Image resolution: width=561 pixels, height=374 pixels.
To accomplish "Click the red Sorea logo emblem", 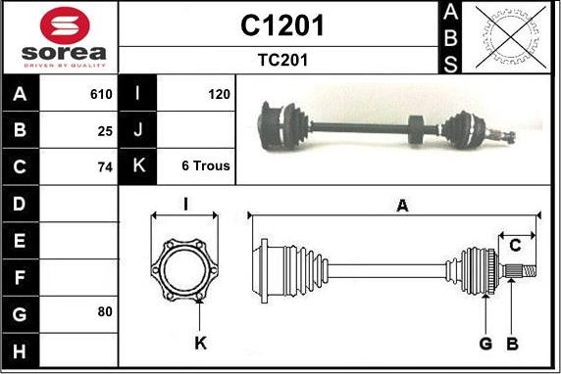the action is [65, 25].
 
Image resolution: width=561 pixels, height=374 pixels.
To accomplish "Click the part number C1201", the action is [282, 25].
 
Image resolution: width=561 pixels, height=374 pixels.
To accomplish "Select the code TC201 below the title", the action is [282, 60].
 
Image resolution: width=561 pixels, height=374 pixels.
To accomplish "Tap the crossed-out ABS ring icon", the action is [511, 37].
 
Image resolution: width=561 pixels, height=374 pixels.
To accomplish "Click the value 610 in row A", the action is [101, 94].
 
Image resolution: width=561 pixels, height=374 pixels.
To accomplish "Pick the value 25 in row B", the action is [105, 131].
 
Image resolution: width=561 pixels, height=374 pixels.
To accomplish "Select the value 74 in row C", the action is [105, 167].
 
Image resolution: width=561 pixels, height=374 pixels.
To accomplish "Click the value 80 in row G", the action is [105, 312].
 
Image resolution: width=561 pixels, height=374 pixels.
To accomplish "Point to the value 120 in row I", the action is [219, 94].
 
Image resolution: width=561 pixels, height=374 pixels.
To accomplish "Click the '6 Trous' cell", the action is [206, 165].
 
